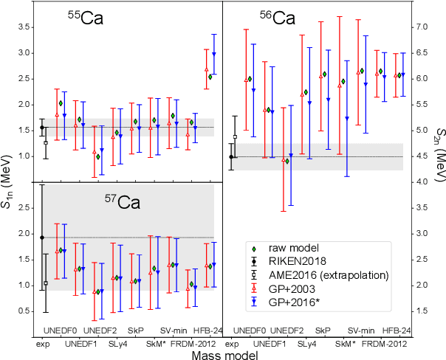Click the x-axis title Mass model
point(222,354)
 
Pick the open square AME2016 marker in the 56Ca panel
point(235,136)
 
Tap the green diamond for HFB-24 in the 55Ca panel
point(210,76)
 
